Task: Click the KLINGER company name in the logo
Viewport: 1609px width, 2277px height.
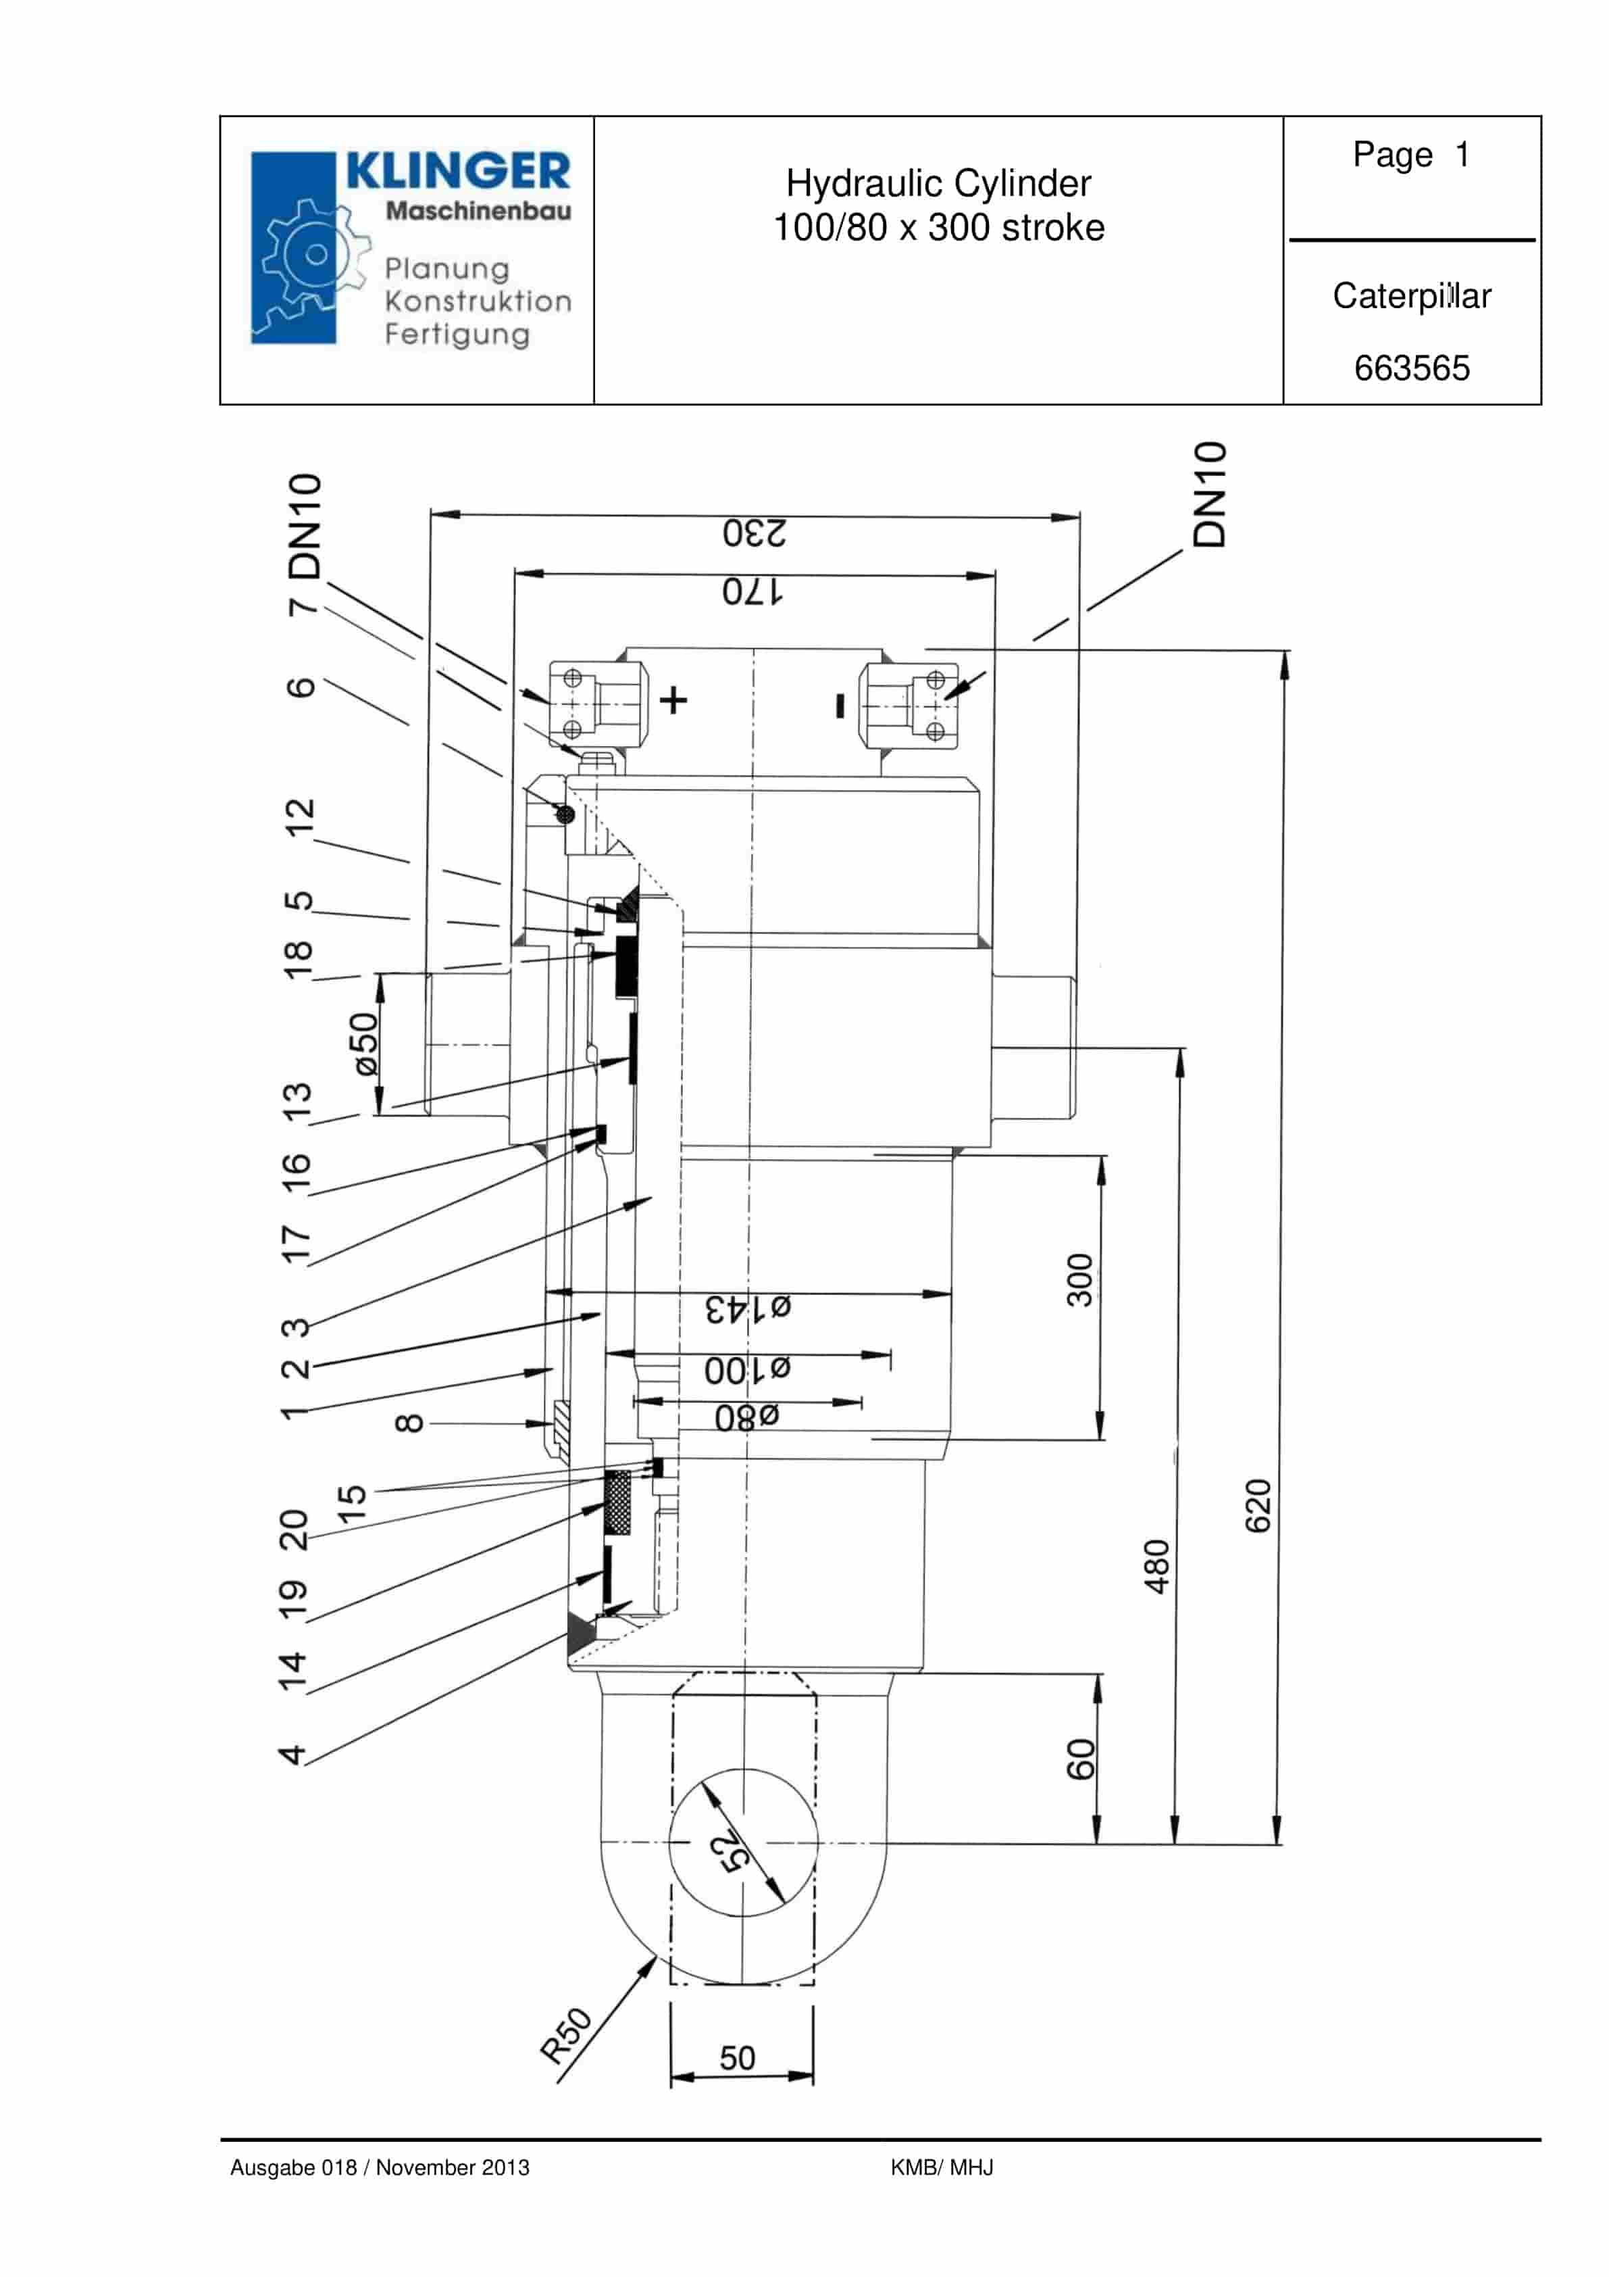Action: [458, 170]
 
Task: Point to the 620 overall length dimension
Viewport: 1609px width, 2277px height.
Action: [1257, 1505]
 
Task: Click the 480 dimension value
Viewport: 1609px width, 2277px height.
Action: [1156, 1566]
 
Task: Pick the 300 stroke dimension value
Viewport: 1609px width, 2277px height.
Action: [1079, 1279]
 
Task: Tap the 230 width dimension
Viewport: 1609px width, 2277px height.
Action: [753, 533]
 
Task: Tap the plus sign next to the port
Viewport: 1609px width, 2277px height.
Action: [673, 700]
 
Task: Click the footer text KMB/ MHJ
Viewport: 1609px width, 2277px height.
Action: [941, 2167]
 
